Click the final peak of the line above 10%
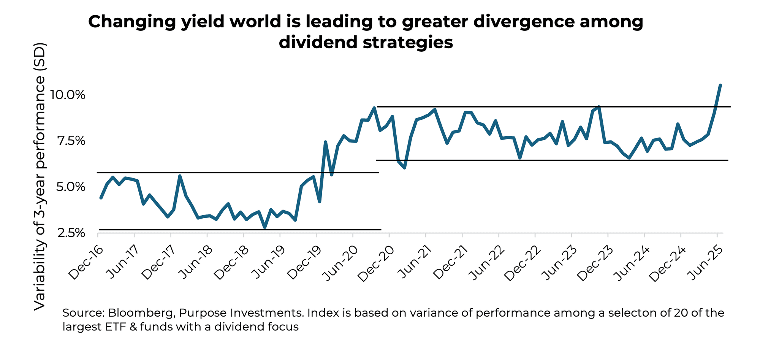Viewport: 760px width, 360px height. click(720, 86)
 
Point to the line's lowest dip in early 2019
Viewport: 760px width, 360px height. click(265, 227)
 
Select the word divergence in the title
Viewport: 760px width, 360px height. click(523, 22)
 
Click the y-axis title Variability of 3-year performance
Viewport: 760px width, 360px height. click(40, 176)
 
